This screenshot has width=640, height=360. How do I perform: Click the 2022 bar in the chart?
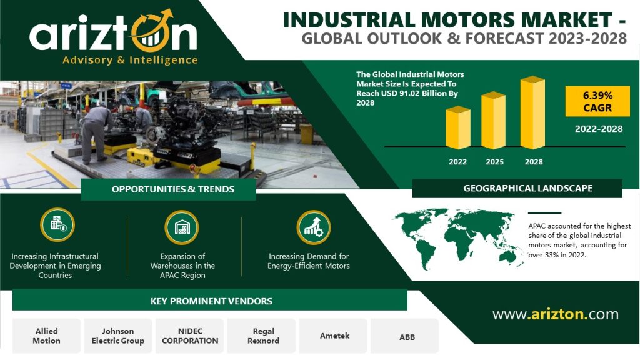pyautogui.click(x=458, y=127)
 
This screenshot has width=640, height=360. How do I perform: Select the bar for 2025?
pyautogui.click(x=494, y=121)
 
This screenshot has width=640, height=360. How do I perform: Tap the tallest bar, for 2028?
pyautogui.click(x=532, y=112)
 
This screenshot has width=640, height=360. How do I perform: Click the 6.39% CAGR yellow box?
pyautogui.click(x=597, y=101)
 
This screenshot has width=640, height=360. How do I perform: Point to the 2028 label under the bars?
pyautogui.click(x=534, y=162)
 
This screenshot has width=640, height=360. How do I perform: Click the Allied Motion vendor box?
pyautogui.click(x=46, y=336)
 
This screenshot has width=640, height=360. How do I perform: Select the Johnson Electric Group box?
pyautogui.click(x=118, y=336)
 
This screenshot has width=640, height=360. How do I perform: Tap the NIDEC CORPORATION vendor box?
pyautogui.click(x=190, y=336)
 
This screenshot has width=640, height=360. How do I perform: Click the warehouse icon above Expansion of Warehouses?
pyautogui.click(x=182, y=227)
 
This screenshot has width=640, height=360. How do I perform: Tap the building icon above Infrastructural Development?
pyautogui.click(x=57, y=225)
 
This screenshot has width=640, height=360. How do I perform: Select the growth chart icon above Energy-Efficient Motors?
pyautogui.click(x=314, y=227)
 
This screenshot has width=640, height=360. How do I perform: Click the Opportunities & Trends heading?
pyautogui.click(x=173, y=189)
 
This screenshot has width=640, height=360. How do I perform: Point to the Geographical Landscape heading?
pyautogui.click(x=527, y=188)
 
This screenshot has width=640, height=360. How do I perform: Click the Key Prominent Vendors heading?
pyautogui.click(x=211, y=301)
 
